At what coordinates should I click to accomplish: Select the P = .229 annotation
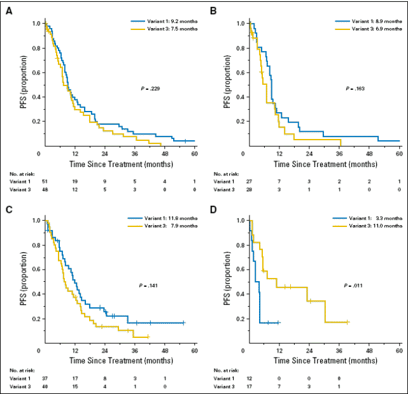point(151,88)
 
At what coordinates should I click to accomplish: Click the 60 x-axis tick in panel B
point(399,154)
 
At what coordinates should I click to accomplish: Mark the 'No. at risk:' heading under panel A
point(22,173)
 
